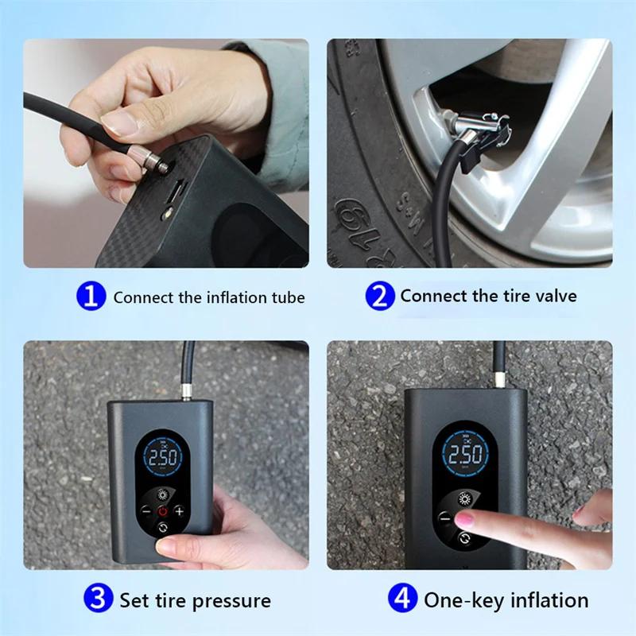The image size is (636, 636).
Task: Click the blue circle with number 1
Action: pos(91,297)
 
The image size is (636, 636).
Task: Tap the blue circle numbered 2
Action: pos(380,297)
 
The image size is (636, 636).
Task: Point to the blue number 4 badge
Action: pos(402,597)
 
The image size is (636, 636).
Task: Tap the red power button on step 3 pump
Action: pos(162,511)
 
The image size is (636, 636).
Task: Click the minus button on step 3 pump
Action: pos(145,511)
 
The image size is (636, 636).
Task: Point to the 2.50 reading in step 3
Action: pos(162,459)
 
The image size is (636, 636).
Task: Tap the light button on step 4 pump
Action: pos(467,499)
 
